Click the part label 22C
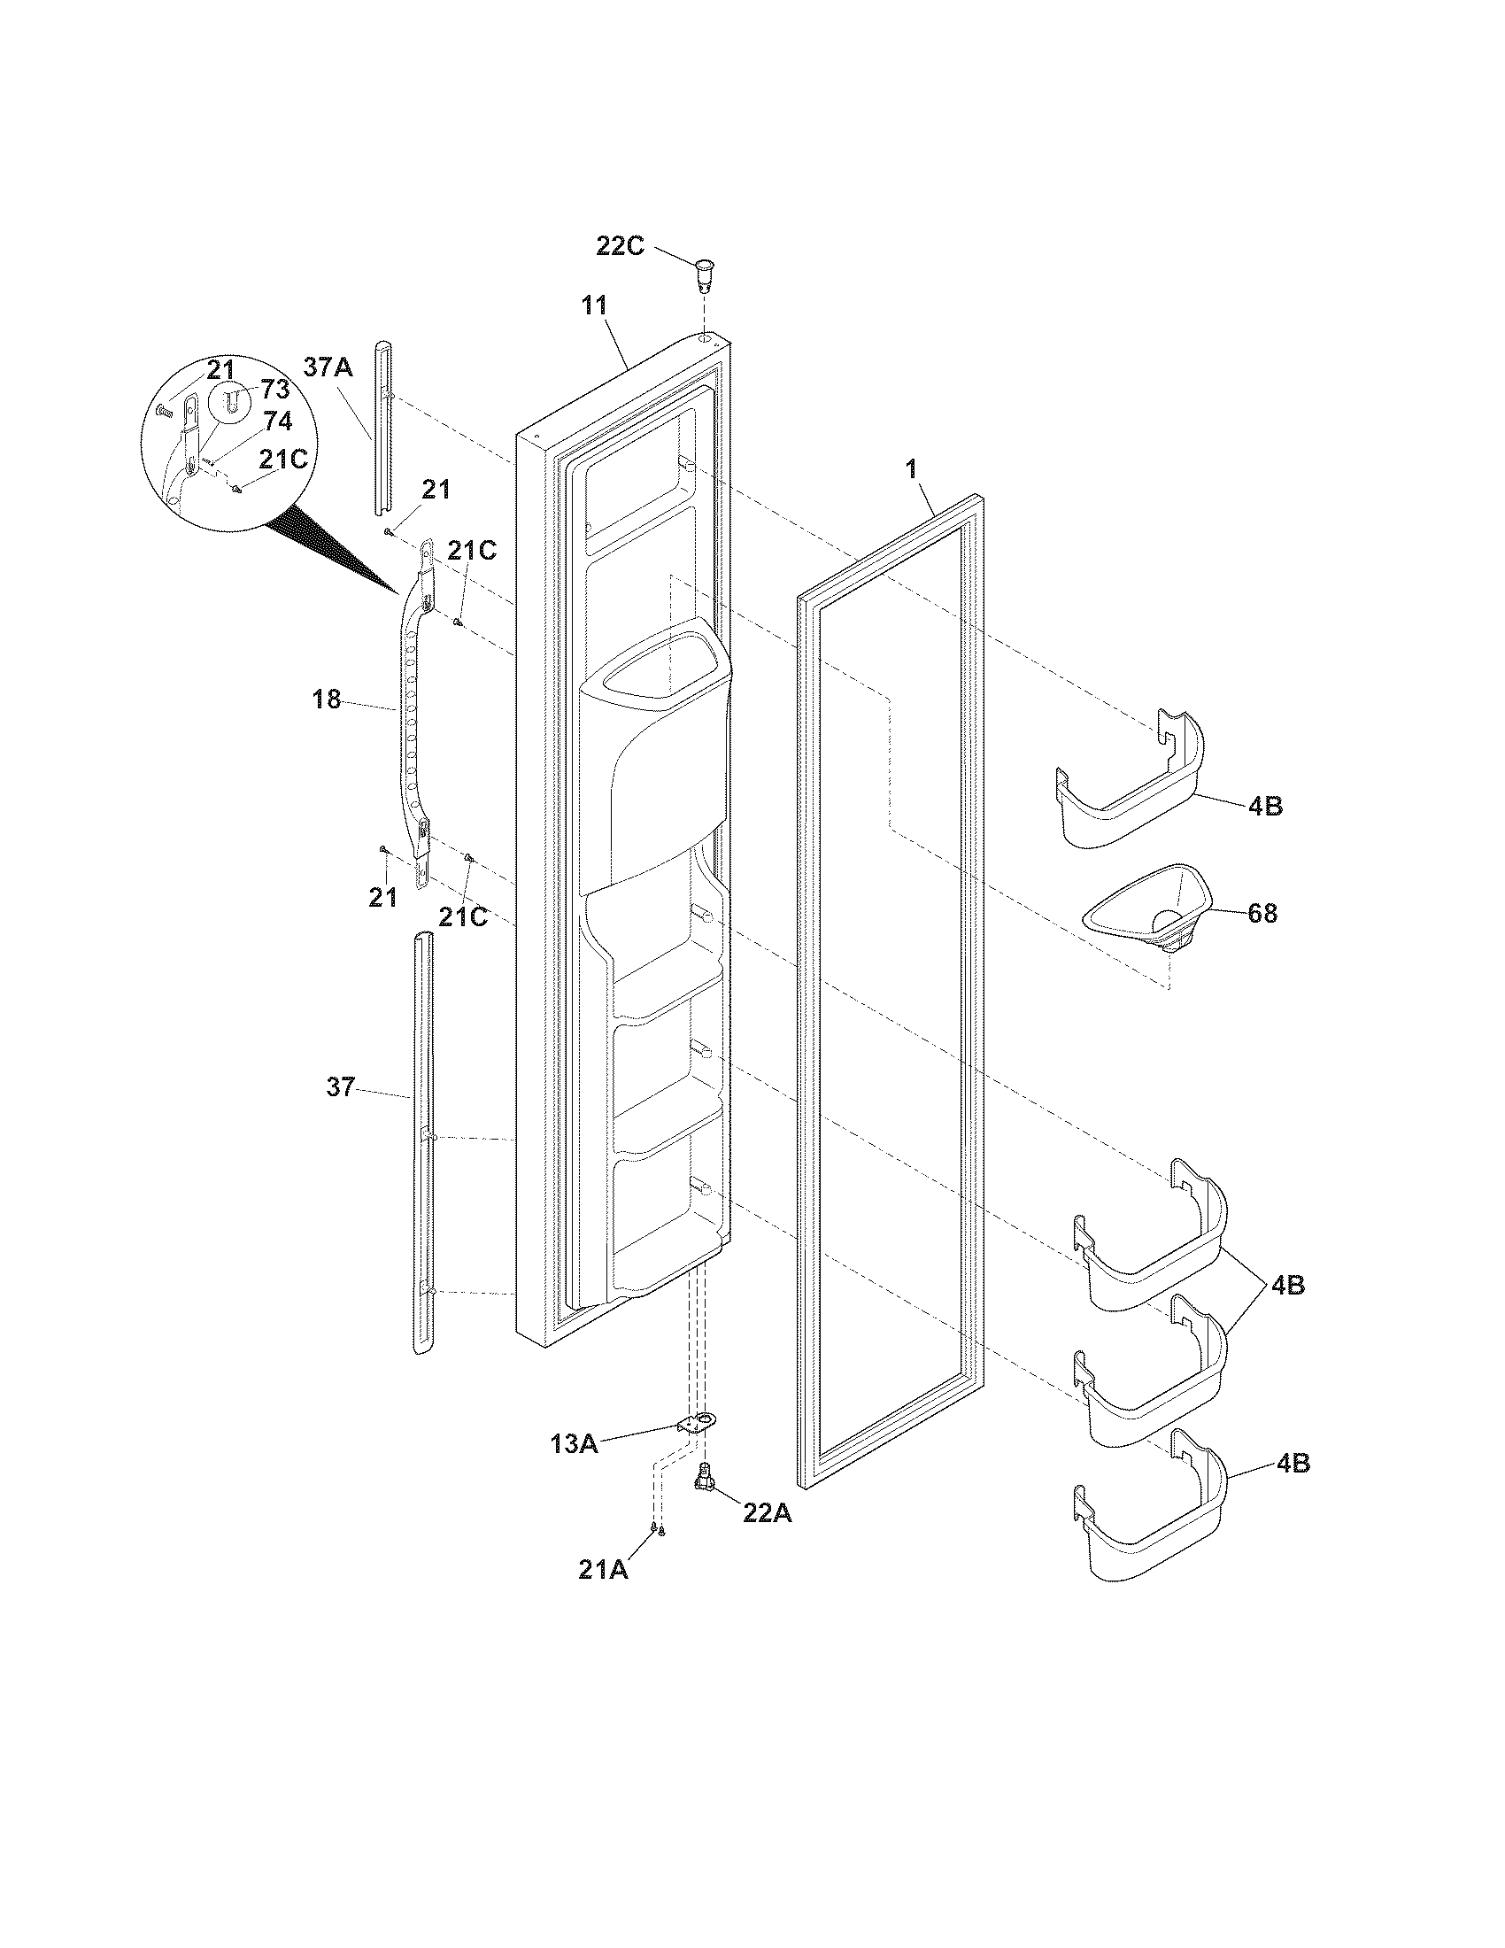tap(620, 246)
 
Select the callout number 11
tap(594, 305)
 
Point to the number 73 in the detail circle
tap(275, 389)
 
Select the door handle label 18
tap(327, 700)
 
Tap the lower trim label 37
tap(340, 1087)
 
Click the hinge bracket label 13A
tap(575, 1443)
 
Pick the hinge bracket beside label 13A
tap(698, 1424)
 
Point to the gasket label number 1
tap(911, 470)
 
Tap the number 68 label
tap(1262, 914)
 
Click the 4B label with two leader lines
tap(1288, 1286)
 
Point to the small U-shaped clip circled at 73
tap(230, 401)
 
